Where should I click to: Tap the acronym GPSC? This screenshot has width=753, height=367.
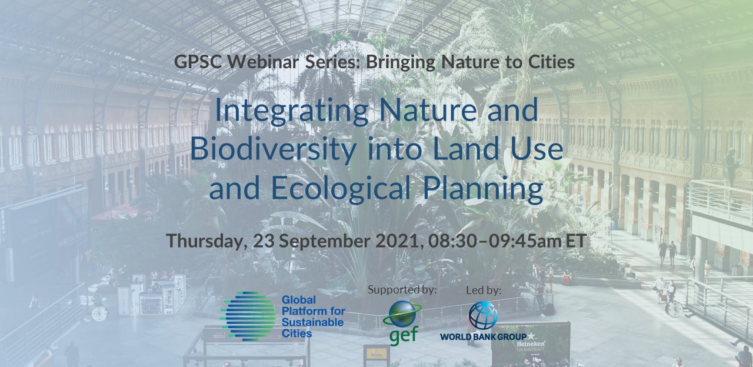click(x=198, y=62)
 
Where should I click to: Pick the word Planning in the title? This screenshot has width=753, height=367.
click(x=483, y=188)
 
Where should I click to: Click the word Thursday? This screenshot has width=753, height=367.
click(x=206, y=241)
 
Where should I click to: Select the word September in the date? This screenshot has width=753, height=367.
click(x=324, y=241)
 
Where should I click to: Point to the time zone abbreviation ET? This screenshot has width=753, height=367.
click(x=576, y=241)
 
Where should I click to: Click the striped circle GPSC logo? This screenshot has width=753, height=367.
click(x=248, y=316)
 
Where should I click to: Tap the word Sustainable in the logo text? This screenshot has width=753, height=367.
click(x=312, y=322)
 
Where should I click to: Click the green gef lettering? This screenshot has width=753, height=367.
click(x=404, y=335)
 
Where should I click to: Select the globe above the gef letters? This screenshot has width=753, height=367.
click(x=402, y=313)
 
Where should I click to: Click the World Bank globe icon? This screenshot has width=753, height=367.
click(x=484, y=315)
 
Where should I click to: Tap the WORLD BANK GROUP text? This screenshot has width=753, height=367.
click(x=484, y=336)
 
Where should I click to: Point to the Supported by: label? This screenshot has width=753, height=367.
click(x=402, y=290)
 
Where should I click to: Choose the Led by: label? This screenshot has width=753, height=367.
click(x=484, y=291)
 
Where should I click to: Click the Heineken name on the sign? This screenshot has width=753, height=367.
click(x=531, y=344)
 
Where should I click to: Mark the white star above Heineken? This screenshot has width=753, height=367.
click(x=531, y=336)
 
